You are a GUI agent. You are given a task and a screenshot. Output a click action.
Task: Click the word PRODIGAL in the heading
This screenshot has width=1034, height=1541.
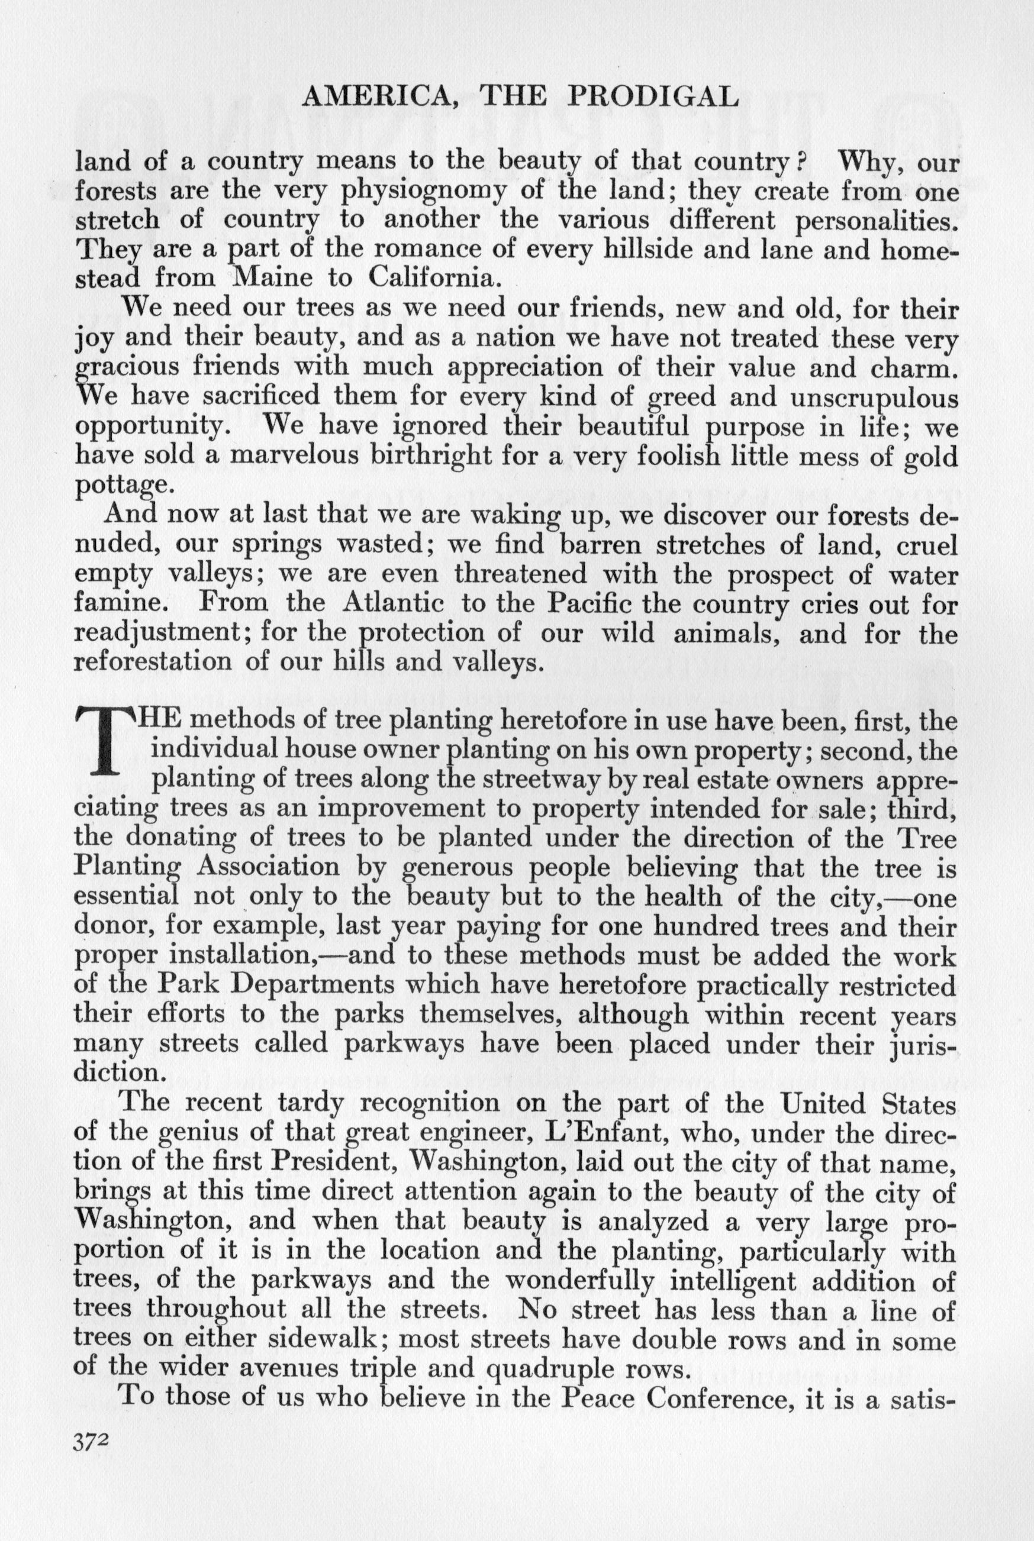(652, 98)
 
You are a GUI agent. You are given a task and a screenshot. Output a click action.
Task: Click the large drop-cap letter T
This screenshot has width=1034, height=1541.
(105, 741)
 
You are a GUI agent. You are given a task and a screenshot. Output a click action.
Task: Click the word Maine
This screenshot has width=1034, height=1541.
(276, 277)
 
